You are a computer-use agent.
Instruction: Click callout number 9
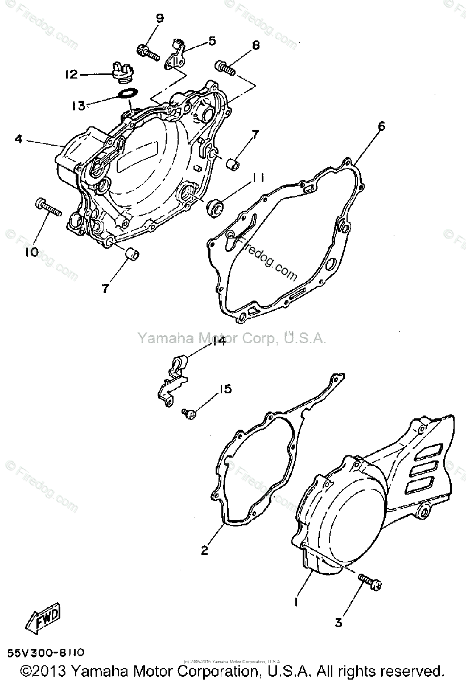160,18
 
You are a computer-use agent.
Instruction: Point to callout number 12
71,75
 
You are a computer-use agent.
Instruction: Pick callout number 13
79,105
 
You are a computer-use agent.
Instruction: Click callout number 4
19,138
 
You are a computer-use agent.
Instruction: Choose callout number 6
381,126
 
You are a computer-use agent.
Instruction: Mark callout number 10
31,251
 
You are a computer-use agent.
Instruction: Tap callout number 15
226,389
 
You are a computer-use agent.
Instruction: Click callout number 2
204,550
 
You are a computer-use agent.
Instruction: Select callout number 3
338,623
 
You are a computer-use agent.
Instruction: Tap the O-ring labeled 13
126,93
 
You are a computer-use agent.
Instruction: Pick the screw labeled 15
188,414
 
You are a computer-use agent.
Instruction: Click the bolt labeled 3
369,581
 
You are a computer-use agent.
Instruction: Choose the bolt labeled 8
225,68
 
